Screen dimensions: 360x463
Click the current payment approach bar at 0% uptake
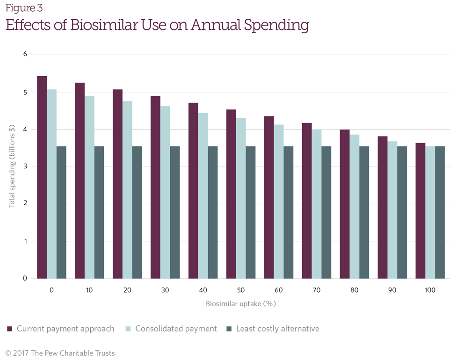[42, 177]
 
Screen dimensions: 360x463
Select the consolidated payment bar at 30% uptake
[165, 192]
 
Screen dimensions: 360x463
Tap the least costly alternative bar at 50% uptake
[250, 212]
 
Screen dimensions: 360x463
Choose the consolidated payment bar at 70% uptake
[317, 204]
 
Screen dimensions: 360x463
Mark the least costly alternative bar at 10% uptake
[99, 212]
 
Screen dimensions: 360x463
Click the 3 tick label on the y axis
[25, 166]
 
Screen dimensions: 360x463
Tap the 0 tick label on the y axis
[25, 279]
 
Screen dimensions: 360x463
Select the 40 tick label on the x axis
[203, 290]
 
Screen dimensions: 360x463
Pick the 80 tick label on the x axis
[354, 290]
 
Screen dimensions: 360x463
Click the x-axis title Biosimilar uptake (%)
[241, 304]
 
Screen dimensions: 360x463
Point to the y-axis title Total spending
[12, 166]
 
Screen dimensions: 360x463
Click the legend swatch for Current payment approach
[10, 329]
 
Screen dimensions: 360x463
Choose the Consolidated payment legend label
[176, 329]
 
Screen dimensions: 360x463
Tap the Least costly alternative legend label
[277, 329]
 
